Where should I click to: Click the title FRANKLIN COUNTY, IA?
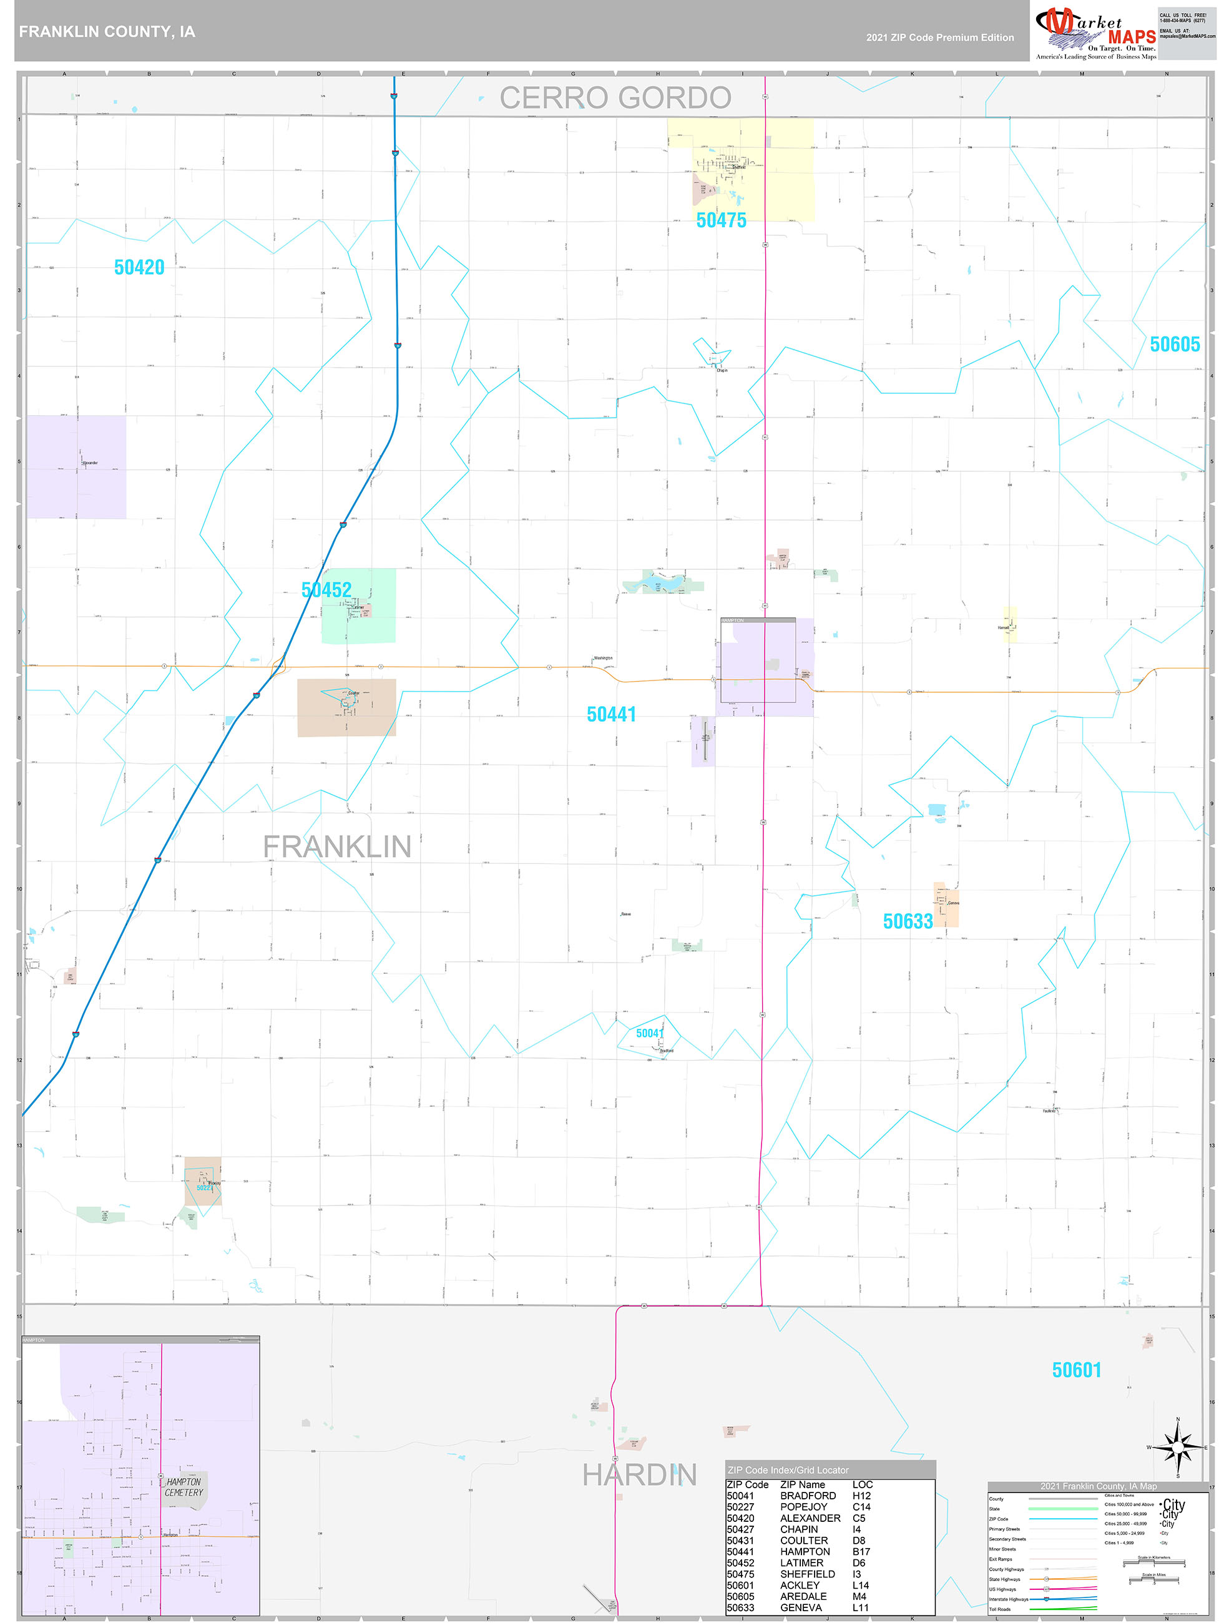click(107, 32)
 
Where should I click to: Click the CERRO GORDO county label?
click(615, 97)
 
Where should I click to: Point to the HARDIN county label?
click(639, 1474)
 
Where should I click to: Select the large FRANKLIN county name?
click(337, 846)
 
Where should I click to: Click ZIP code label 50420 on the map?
click(139, 267)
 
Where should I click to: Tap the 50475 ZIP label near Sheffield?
click(720, 220)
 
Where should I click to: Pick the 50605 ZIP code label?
click(1174, 344)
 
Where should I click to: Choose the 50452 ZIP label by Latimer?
click(326, 589)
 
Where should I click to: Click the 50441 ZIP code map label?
click(611, 714)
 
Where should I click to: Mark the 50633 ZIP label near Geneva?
click(908, 921)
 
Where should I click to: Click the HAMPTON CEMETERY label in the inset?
click(184, 1486)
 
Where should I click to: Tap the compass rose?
click(1178, 1447)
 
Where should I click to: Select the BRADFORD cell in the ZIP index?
click(808, 1495)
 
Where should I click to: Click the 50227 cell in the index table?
click(740, 1506)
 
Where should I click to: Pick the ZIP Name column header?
click(802, 1484)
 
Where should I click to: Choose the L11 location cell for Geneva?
click(860, 1607)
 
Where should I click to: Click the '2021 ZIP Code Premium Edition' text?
click(939, 37)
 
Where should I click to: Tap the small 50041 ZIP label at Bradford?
click(649, 1033)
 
